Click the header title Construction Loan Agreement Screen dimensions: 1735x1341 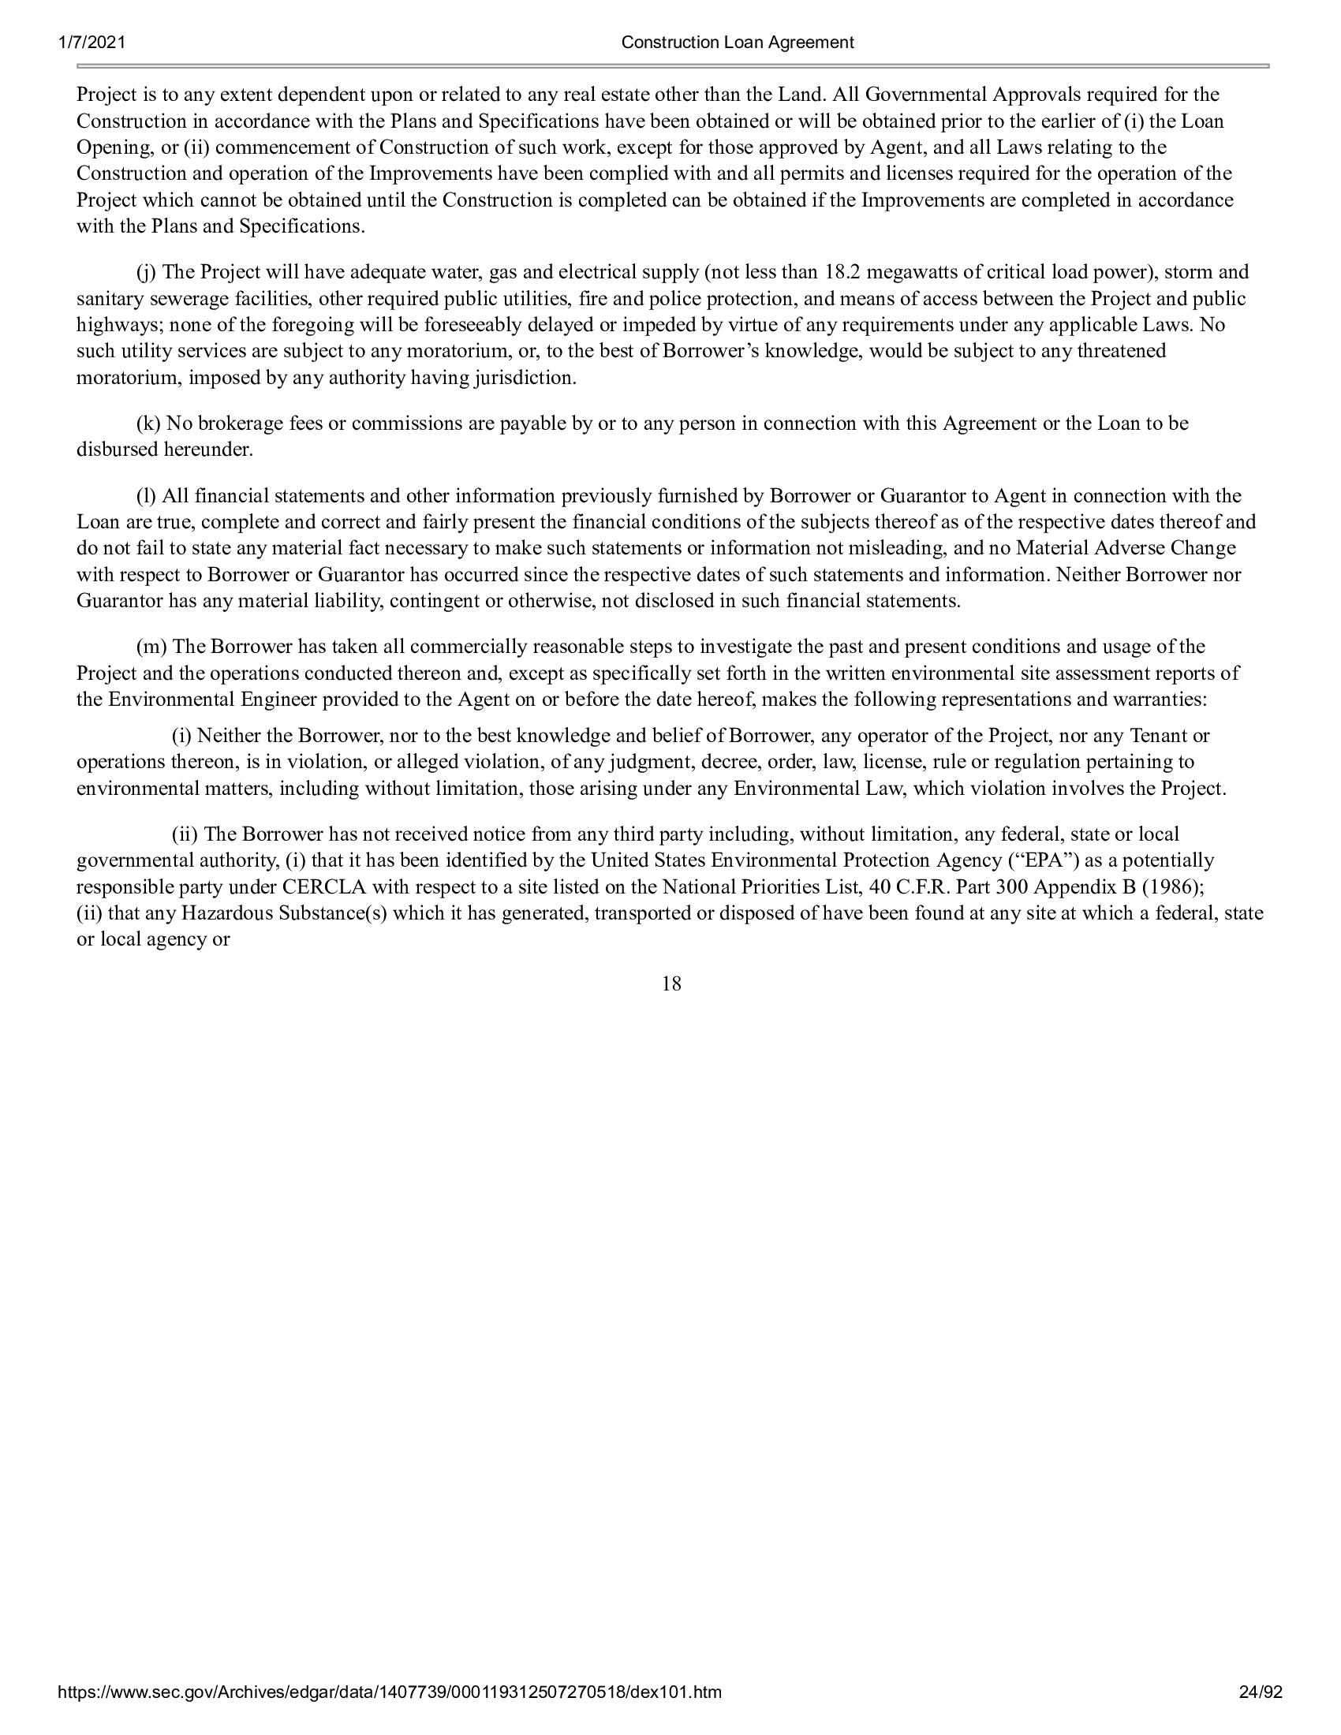(738, 43)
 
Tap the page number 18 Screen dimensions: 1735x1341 (671, 984)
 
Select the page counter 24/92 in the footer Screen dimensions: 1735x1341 (1261, 1714)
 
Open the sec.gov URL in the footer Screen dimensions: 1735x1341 (390, 1714)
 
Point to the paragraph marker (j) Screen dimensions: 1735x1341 (146, 273)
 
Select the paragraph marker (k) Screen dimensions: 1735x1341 (148, 423)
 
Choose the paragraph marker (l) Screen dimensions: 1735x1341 (146, 497)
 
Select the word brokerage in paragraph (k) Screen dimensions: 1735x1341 (243, 423)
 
